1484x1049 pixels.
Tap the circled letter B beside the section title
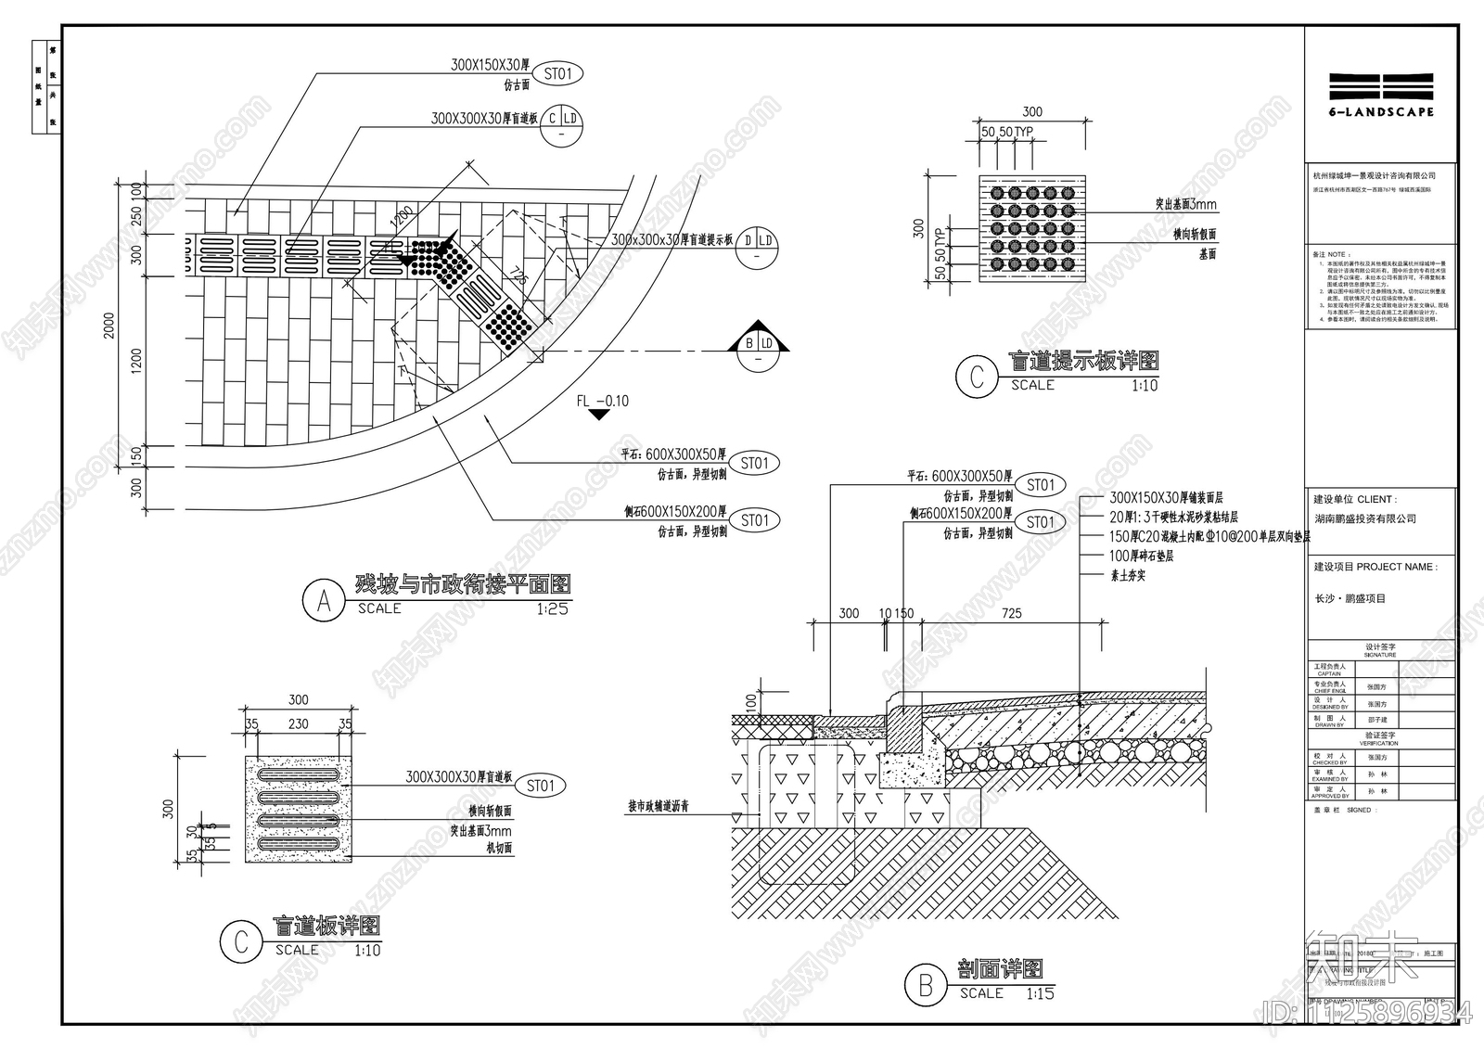[x=925, y=985]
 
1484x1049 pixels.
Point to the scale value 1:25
[x=552, y=609]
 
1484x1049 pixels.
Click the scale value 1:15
[x=1040, y=993]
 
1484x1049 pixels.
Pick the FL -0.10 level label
[x=602, y=402]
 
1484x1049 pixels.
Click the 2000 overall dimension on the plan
[x=109, y=326]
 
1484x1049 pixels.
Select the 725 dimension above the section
[x=1012, y=613]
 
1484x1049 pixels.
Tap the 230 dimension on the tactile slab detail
[x=298, y=724]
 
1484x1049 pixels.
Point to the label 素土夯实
[x=1127, y=575]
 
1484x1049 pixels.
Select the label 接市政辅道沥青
[x=658, y=806]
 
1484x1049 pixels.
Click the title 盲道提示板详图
[x=1083, y=361]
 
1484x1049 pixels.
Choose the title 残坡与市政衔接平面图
[x=463, y=584]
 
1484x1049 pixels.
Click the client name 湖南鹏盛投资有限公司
[x=1365, y=518]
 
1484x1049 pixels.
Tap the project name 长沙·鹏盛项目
[x=1350, y=598]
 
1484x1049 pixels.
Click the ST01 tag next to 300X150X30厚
[x=558, y=73]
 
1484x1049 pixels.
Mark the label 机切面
[x=498, y=848]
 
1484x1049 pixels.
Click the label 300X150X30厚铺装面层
[x=1166, y=498]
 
